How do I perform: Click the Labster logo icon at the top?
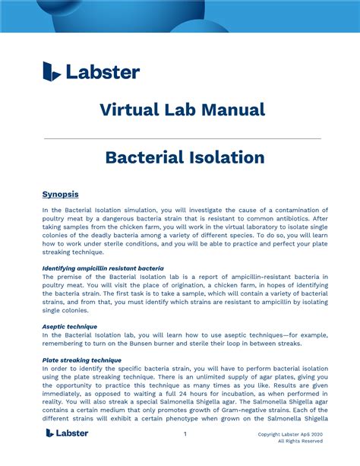[52, 71]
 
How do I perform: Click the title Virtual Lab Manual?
[182, 109]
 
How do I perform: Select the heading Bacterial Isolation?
[185, 157]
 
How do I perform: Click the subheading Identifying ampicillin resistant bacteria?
[103, 268]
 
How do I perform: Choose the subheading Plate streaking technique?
[82, 360]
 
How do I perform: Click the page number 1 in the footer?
[185, 434]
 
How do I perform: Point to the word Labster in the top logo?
[103, 72]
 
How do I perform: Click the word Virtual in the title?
[130, 109]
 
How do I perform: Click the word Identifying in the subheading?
[63, 268]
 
